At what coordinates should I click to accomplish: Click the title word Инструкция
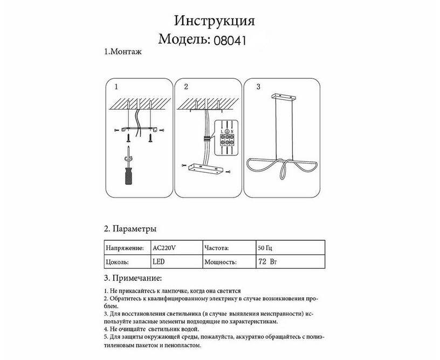click(214, 21)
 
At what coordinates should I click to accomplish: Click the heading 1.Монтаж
click(122, 52)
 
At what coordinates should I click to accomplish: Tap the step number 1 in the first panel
click(116, 86)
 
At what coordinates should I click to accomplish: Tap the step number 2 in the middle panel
click(186, 86)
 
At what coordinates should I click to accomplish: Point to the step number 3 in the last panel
click(258, 86)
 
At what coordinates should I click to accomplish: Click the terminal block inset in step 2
click(227, 138)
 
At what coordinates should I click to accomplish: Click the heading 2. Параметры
click(130, 228)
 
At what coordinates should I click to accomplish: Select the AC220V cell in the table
click(164, 248)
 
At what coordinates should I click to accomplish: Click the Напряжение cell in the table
click(125, 248)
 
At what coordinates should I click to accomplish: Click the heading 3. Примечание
click(132, 279)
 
